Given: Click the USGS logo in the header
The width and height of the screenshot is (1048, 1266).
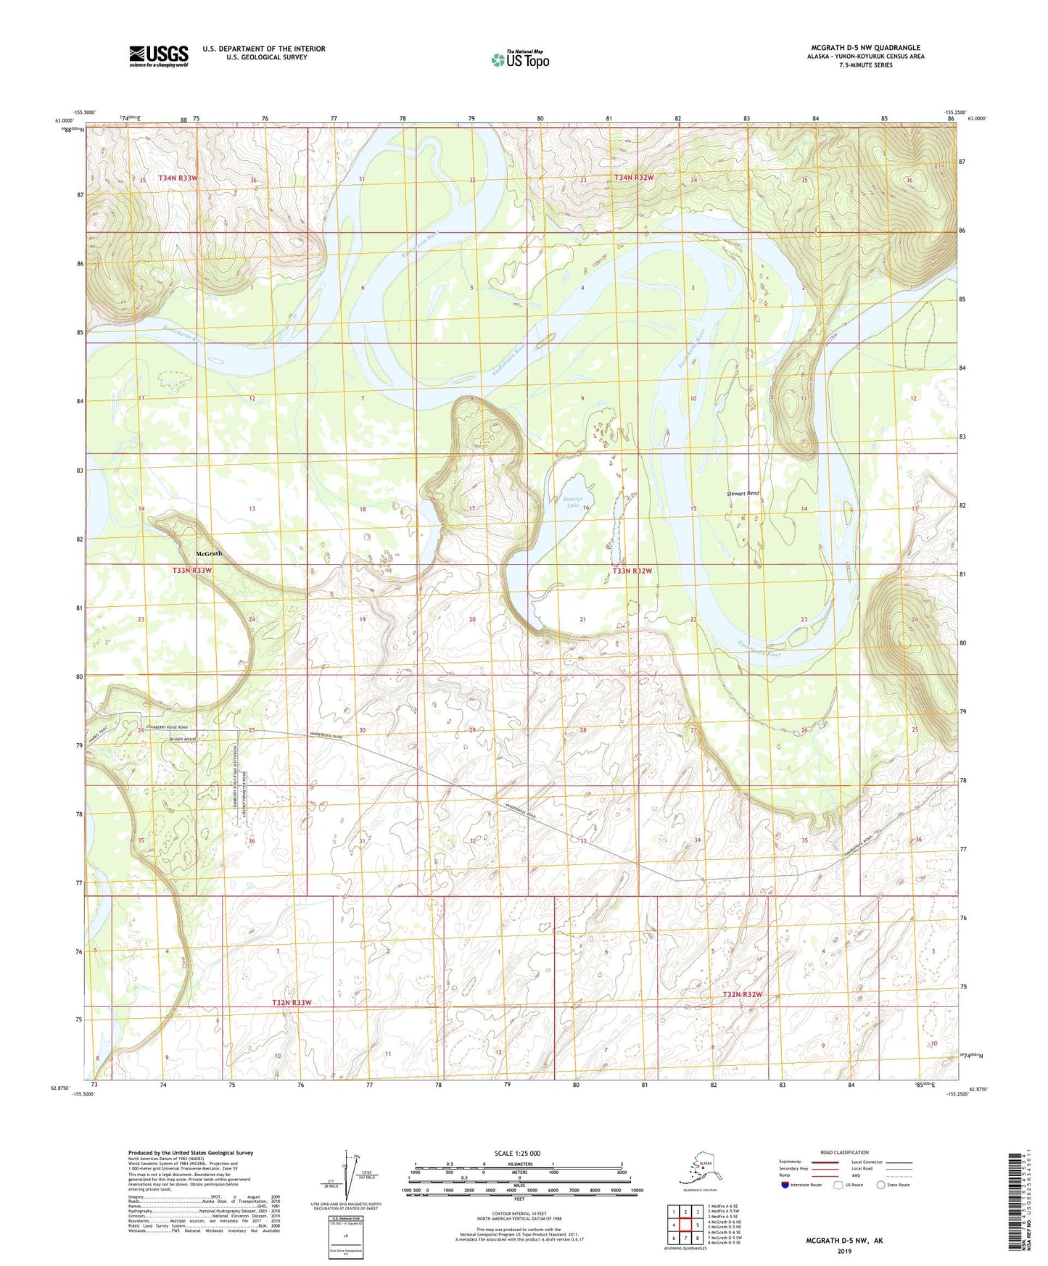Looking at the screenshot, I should (158, 55).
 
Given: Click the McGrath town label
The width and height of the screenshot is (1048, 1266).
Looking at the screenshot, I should (209, 553).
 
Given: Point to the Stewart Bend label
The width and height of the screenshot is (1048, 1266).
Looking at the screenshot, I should (743, 493).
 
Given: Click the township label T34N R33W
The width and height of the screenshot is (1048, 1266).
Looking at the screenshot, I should (178, 178).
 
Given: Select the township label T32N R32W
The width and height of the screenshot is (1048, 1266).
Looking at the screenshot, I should (742, 993).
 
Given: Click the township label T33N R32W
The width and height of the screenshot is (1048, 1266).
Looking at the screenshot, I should (632, 571).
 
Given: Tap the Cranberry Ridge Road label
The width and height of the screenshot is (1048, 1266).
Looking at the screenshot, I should (167, 727).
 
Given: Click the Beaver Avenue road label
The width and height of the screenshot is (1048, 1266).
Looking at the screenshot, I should (184, 739).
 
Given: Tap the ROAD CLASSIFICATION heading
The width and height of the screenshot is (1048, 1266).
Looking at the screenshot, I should (845, 1152).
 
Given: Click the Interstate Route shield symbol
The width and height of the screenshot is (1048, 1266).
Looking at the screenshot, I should (785, 1185).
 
